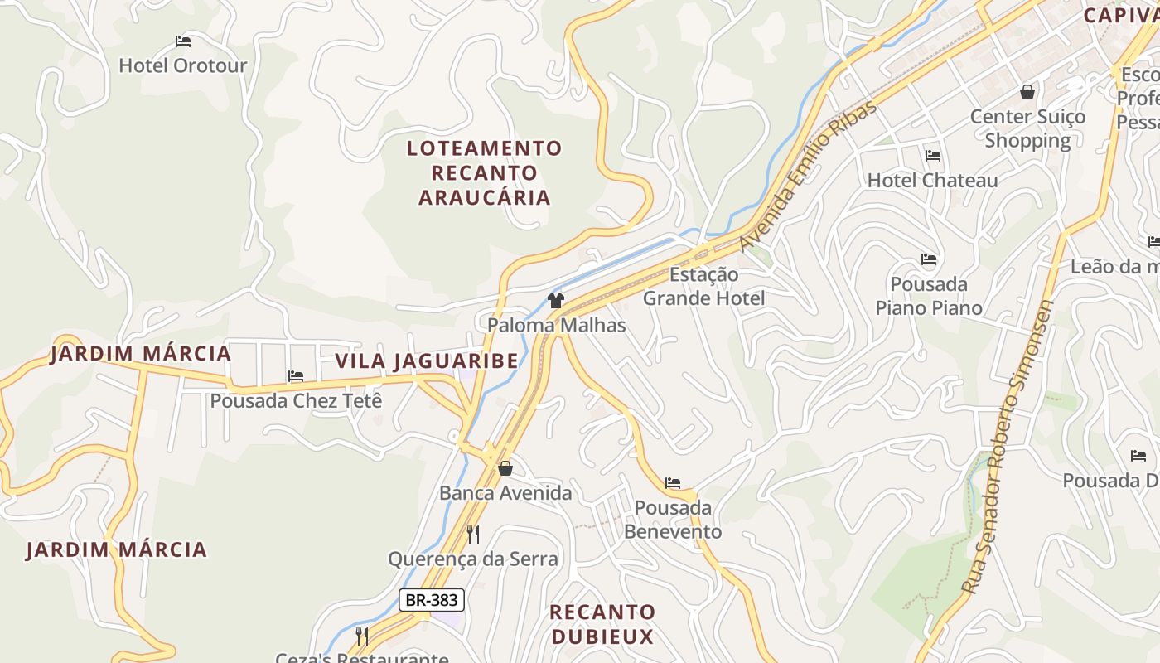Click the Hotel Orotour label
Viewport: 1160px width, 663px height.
coord(183,65)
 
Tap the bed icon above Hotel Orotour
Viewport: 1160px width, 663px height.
coord(183,41)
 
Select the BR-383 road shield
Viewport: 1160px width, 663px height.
coord(431,599)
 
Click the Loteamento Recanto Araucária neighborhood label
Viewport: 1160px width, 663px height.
coord(485,172)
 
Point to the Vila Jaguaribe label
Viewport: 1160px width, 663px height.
coord(427,361)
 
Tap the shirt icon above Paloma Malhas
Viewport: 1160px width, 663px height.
coord(556,300)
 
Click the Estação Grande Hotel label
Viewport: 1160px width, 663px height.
coord(703,286)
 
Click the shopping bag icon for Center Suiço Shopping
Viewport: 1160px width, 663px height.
coord(1027,92)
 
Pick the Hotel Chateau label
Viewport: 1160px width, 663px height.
coord(932,180)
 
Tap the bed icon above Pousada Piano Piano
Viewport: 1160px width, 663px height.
coord(929,259)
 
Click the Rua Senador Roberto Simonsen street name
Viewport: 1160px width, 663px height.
coord(1008,448)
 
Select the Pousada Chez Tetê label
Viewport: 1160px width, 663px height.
coord(296,400)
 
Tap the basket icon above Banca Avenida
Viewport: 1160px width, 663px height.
coord(505,469)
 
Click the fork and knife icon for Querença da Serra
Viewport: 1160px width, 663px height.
coord(473,534)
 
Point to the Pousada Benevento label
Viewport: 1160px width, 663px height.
coord(673,519)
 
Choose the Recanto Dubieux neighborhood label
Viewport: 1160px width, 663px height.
coord(602,624)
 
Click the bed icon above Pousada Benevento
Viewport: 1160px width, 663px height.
coord(673,482)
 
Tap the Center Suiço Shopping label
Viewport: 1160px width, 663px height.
coord(1027,128)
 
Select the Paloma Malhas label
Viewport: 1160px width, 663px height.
coord(556,325)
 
